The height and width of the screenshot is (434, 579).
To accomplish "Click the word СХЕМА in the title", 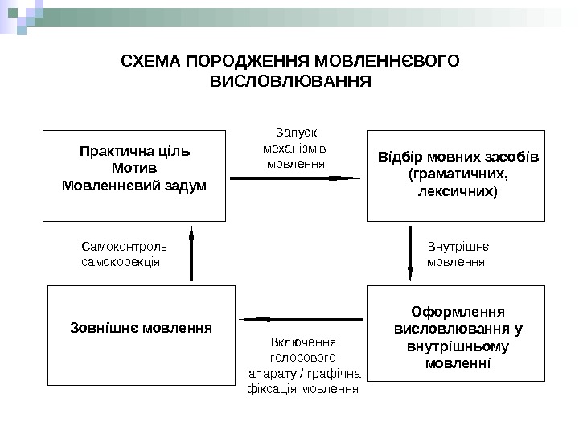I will (x=150, y=62).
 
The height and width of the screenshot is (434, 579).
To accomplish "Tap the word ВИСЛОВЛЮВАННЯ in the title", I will (x=290, y=81).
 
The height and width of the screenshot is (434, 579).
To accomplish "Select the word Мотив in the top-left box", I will (x=133, y=169).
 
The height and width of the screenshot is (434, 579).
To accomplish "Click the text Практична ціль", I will (x=133, y=152).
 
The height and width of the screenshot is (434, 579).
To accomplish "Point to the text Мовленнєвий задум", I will (x=133, y=186).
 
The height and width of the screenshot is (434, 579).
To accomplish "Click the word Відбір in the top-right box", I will (x=400, y=155).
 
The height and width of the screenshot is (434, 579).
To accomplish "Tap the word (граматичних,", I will (x=458, y=174).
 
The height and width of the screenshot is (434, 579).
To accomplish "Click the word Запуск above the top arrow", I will (x=297, y=133).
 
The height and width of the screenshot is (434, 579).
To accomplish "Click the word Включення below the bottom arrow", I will (x=302, y=342).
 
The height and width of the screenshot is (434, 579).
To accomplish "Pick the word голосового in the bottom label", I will (x=303, y=357).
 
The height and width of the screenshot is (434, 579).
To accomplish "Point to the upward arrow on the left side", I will (x=191, y=253).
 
